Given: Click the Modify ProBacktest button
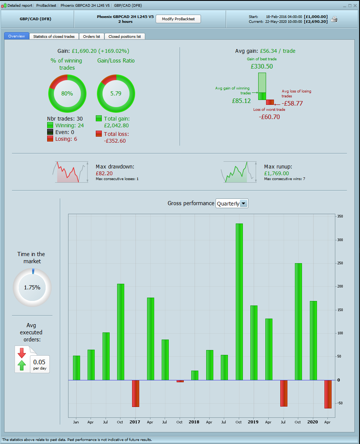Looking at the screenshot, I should pos(178,19).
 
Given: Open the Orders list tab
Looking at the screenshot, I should pos(91,36).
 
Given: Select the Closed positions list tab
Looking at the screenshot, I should pos(125,36).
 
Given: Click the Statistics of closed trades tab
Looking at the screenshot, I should pos(54,36).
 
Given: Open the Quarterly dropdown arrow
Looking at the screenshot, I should pos(244,204).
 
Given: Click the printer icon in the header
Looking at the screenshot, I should pos(334,19).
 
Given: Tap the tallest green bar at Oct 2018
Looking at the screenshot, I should pos(239,301).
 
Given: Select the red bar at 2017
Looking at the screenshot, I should pos(135,393).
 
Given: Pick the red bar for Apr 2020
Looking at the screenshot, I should pos(328,394).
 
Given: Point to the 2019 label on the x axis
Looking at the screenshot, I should pos(253,422).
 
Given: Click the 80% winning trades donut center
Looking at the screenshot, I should pos(67,94).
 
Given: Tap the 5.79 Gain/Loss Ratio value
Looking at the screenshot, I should pos(116,94).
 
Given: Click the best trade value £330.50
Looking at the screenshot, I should pos(262,66).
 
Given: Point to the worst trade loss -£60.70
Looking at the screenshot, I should pos(269,117).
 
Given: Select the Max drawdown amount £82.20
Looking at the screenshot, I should pos(104,173).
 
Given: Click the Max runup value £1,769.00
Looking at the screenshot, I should pos(277,173).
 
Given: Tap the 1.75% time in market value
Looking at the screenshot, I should pos(32,288).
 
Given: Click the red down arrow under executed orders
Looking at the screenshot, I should pos(21,353).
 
